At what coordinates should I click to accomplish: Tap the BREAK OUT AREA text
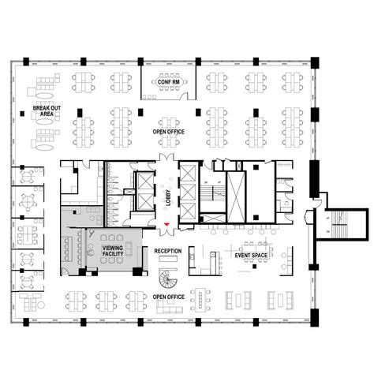click(42, 110)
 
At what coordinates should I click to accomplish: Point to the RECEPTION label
click(167, 251)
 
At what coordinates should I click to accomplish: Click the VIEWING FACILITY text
click(113, 250)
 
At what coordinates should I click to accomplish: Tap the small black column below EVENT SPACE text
click(252, 271)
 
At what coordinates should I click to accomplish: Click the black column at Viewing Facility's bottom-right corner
click(137, 272)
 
